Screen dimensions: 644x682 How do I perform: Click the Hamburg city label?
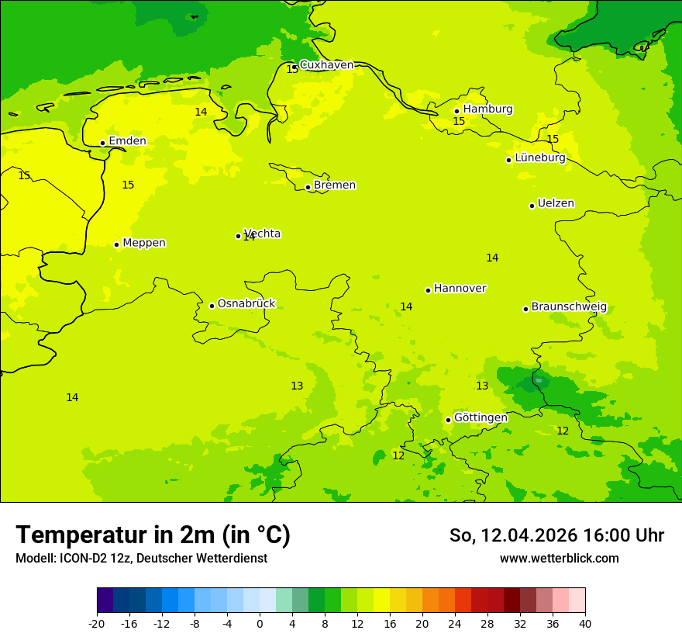tap(487, 109)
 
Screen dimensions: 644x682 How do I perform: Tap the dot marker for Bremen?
tap(308, 187)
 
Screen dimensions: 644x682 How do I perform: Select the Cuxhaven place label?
tap(326, 65)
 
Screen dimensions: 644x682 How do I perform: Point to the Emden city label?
tap(127, 141)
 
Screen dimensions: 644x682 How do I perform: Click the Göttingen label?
tap(480, 418)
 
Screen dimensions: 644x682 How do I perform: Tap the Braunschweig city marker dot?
tap(525, 309)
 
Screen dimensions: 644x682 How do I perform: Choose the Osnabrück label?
tap(246, 304)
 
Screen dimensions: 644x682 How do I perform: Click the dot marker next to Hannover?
tap(428, 290)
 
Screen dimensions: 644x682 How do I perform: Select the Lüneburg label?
tap(540, 158)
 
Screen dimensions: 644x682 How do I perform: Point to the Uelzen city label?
tap(556, 204)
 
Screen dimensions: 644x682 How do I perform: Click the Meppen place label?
tap(144, 244)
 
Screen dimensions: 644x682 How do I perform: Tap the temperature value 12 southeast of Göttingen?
tap(563, 431)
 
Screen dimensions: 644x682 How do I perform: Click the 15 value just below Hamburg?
tap(459, 122)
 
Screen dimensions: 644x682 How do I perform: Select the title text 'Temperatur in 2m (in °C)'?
tap(153, 535)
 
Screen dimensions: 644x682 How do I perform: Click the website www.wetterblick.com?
tap(559, 559)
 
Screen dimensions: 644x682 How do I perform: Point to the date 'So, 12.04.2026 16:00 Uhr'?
tap(556, 535)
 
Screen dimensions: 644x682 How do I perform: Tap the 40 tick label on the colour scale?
tap(585, 624)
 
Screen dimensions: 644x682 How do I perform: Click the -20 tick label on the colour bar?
tap(97, 624)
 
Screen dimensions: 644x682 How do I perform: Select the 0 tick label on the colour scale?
tap(260, 624)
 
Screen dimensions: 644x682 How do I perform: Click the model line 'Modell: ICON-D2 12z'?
tap(141, 559)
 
